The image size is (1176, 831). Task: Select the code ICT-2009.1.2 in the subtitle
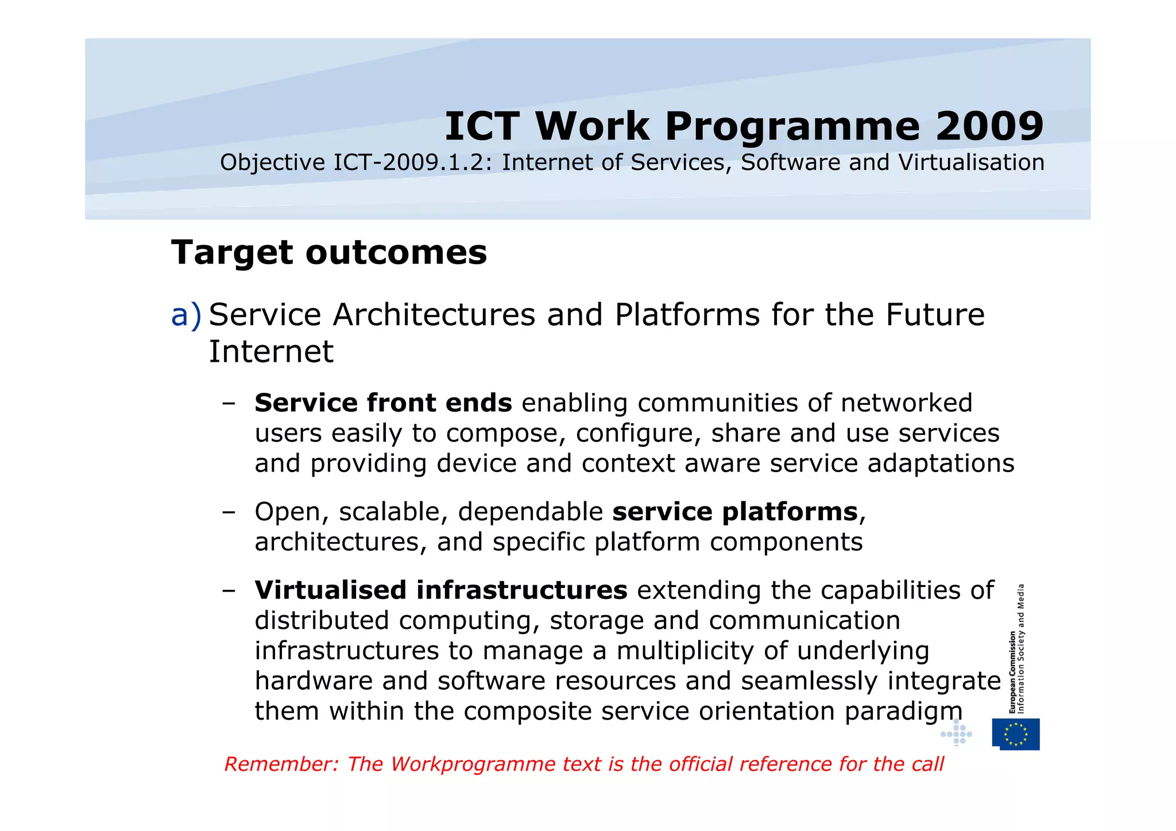tap(412, 163)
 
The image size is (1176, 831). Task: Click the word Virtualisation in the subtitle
tap(971, 163)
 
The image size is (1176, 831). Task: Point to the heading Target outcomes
tap(329, 252)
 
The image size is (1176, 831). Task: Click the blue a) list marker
tap(187, 315)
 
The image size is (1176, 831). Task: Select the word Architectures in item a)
tap(434, 315)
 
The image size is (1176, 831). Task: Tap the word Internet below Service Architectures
tap(270, 351)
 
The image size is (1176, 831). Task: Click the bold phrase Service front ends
tap(383, 403)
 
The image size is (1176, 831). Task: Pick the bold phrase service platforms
tap(735, 511)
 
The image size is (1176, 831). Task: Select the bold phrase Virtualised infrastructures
tap(440, 590)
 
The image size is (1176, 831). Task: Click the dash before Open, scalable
tap(229, 511)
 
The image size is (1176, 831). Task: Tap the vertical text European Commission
tap(1012, 672)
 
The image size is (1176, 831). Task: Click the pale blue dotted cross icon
tap(956, 733)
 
